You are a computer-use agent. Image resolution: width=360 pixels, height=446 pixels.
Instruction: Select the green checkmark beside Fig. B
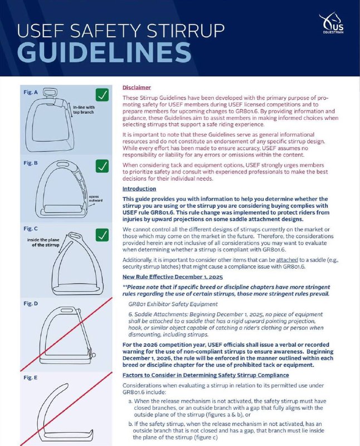coord(101,166)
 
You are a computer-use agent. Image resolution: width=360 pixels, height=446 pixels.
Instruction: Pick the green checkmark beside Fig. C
coord(101,235)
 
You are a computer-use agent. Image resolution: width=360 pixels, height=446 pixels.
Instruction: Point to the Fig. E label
coord(31,377)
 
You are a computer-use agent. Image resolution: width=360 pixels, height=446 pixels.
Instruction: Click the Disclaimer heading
coord(137,88)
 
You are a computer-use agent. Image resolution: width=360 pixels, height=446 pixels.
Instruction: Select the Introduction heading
coord(139,189)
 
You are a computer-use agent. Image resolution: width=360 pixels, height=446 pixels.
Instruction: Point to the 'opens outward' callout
coord(93,199)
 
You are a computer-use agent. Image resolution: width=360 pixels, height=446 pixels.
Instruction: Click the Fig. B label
coord(31,163)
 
